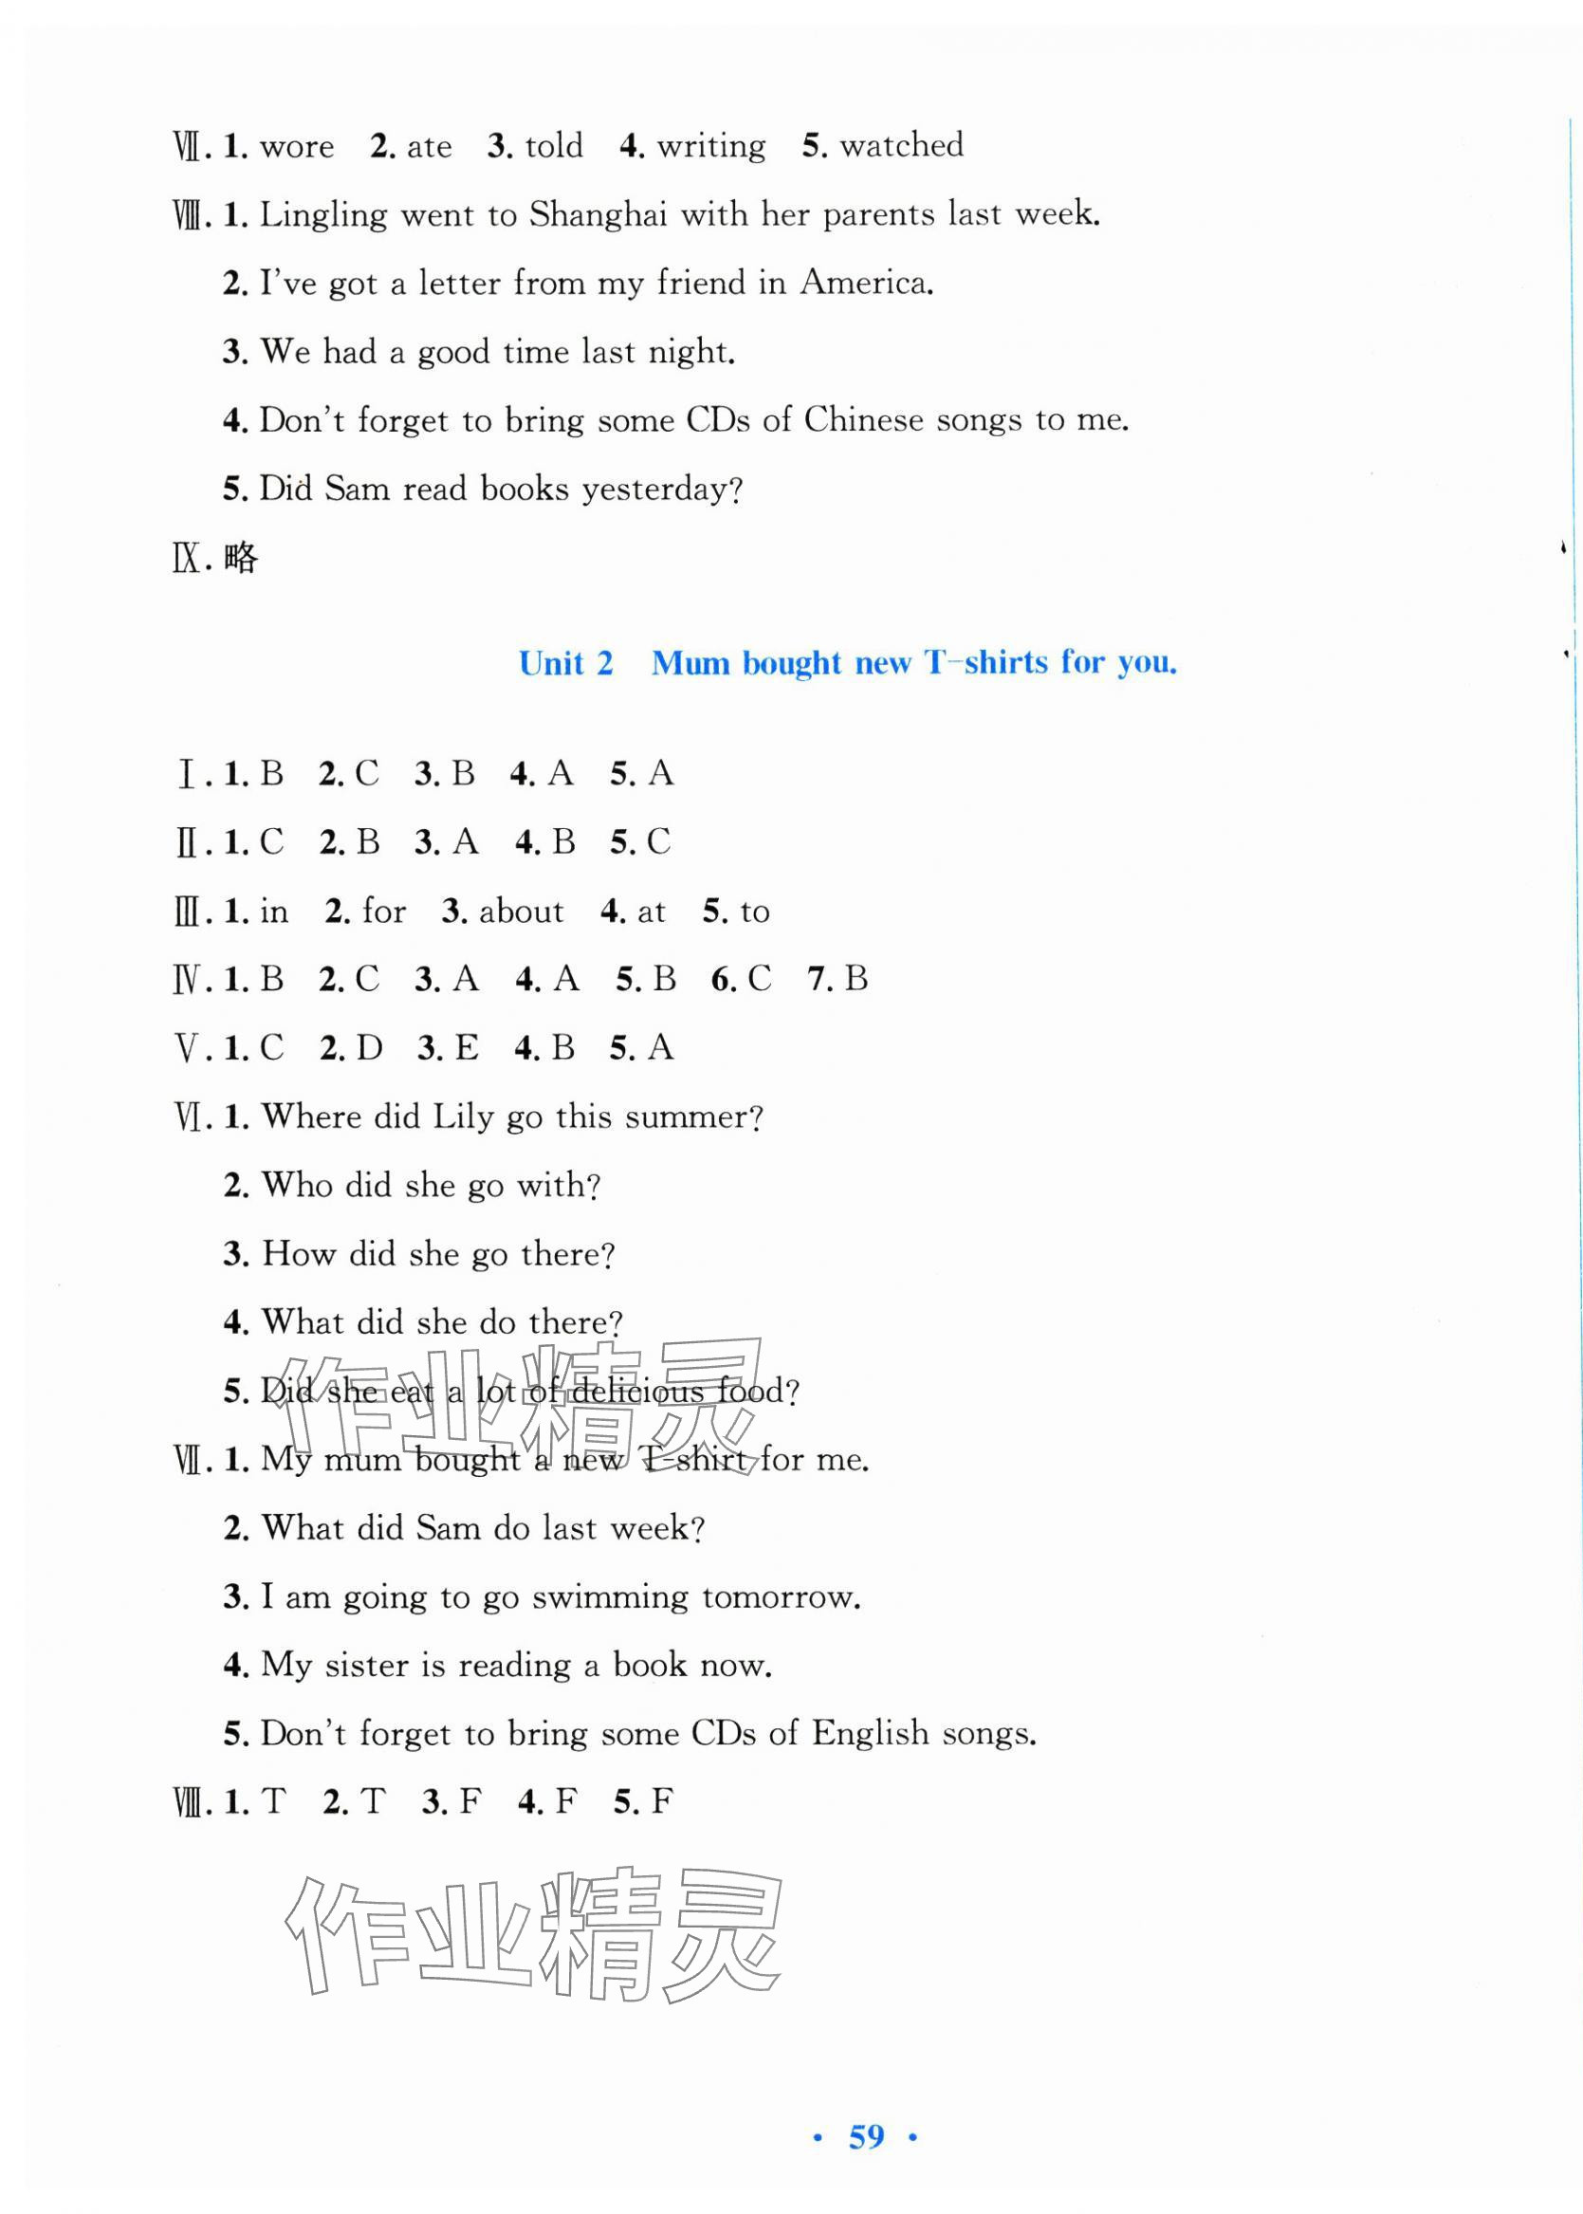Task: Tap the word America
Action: (866, 283)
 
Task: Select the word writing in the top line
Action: (710, 146)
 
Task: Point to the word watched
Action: (902, 145)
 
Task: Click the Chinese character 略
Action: (241, 559)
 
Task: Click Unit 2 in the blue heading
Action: (565, 664)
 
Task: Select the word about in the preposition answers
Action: (521, 912)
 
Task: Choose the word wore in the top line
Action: (296, 147)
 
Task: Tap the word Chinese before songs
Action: (863, 420)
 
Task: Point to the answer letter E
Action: (466, 1048)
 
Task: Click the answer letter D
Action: (370, 1048)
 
